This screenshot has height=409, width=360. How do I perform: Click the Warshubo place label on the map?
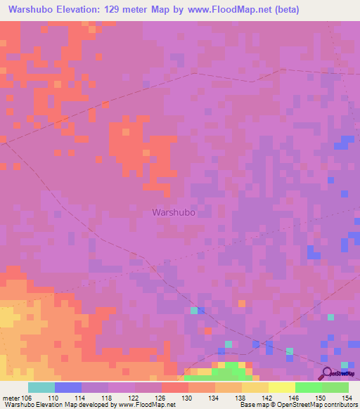(173, 211)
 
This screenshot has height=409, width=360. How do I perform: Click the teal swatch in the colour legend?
(41, 387)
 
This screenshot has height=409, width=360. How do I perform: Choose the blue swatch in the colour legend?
(68, 387)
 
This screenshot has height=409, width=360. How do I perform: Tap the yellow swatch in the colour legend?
(282, 387)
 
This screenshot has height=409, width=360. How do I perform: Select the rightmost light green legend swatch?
(335, 387)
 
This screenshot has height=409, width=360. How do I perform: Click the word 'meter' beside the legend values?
(10, 398)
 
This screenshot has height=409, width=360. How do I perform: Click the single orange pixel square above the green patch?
(242, 304)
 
